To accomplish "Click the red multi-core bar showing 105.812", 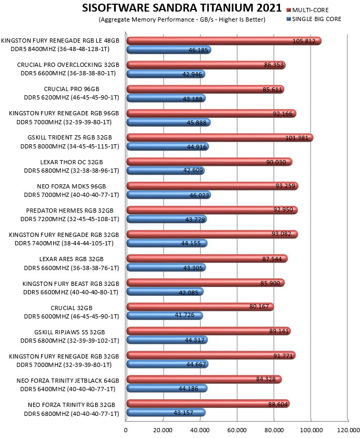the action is [x=224, y=41].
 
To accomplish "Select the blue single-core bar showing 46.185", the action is [x=169, y=49].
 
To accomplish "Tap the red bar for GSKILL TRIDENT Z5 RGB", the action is [x=220, y=137].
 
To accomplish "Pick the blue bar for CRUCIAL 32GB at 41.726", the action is [x=165, y=316].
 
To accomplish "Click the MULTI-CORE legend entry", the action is [x=307, y=10].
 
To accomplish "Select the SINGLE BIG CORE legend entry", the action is [x=314, y=19].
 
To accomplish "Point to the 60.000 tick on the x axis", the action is [x=237, y=430].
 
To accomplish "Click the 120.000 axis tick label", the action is [x=348, y=430].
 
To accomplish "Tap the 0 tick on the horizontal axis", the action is [x=126, y=430].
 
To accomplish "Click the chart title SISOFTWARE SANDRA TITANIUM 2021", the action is [x=182, y=8].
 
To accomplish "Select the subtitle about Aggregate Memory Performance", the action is [x=182, y=19].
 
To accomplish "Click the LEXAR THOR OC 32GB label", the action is [x=72, y=162].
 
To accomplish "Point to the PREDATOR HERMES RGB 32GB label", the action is [x=70, y=211].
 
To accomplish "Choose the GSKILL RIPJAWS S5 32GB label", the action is [x=69, y=332].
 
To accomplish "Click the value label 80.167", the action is [x=259, y=306].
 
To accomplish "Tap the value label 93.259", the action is [x=285, y=186].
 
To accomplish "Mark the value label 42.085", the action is [x=188, y=293].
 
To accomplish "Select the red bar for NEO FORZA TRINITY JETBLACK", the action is [x=204, y=379].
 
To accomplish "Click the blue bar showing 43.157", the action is [x=166, y=412].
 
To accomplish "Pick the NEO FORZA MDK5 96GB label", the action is [x=72, y=186].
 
